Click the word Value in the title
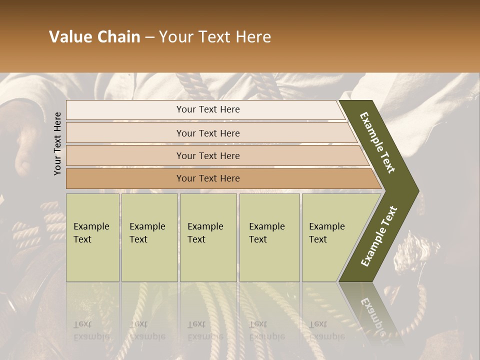click(69, 37)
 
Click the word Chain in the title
click(117, 37)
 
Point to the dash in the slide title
click(149, 37)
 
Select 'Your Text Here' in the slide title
click(215, 37)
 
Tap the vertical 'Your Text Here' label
click(57, 143)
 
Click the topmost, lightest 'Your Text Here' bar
click(207, 109)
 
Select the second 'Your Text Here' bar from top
click(207, 133)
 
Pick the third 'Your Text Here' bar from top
click(207, 155)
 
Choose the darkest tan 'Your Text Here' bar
click(207, 178)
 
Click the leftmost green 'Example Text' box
click(92, 237)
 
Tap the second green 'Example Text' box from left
click(149, 237)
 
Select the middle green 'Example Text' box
click(208, 237)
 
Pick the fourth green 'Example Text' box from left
click(269, 237)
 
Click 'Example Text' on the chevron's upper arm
click(377, 143)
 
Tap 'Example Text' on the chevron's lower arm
click(379, 236)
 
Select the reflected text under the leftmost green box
click(91, 330)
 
